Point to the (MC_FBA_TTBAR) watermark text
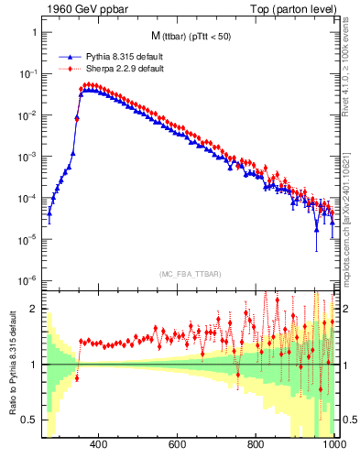tap(190, 274)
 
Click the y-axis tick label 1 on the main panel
tap(34, 32)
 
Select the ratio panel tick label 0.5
tap(29, 420)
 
